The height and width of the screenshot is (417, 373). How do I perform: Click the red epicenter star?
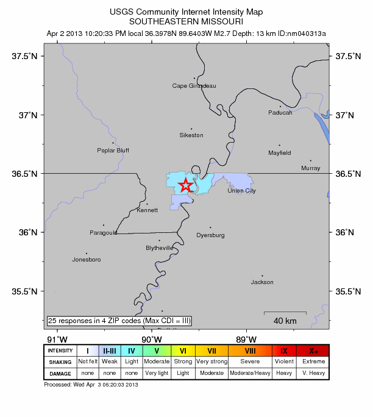[x=186, y=185]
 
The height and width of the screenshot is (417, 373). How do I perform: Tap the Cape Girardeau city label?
[x=194, y=86]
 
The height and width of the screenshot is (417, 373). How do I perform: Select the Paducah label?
[x=280, y=112]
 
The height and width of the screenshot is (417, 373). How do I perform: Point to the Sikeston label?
[x=191, y=135]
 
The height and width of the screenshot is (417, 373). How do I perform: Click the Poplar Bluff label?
[x=113, y=150]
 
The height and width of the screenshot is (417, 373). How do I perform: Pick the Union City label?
[x=241, y=191]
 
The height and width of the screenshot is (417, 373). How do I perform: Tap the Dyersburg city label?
[x=210, y=235]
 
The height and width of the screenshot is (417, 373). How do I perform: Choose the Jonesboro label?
[x=86, y=259]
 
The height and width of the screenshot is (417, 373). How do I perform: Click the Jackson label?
[x=262, y=282]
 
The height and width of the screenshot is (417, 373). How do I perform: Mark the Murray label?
[x=310, y=168]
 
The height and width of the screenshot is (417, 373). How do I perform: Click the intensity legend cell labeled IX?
[x=284, y=351]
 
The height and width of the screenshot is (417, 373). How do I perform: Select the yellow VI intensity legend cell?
[x=183, y=351]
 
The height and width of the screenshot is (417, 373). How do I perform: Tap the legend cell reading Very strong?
[x=211, y=362]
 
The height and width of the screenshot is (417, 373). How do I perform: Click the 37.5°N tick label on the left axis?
[x=25, y=56]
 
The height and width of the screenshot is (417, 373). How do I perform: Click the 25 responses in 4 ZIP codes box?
[x=119, y=321]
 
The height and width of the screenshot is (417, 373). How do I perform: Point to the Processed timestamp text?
[x=92, y=385]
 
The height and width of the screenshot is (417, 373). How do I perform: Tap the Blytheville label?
[x=160, y=248]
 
